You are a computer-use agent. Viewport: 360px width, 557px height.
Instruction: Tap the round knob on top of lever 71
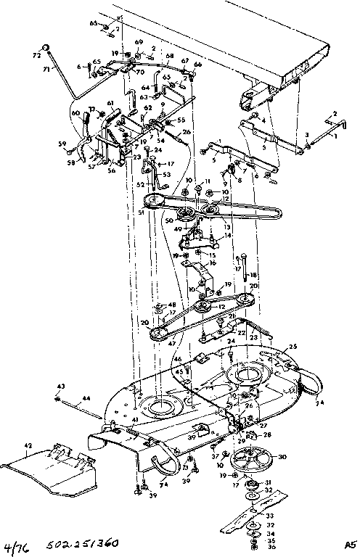46,49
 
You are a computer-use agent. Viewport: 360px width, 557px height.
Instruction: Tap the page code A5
350,543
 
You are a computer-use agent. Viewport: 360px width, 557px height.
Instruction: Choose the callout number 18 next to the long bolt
253,276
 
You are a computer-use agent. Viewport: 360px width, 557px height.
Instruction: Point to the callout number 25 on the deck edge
293,346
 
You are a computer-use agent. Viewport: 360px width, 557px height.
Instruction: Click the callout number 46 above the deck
177,359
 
